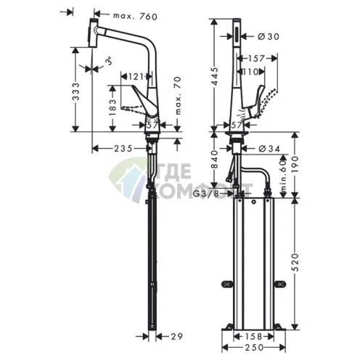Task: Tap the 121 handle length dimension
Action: pos(136,75)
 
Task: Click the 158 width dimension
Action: pos(251,336)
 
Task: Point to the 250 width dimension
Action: pos(251,348)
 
